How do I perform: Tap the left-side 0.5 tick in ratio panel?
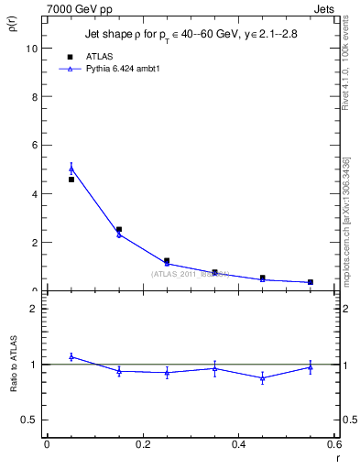click(29, 420)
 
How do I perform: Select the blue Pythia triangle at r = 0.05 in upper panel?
click(71, 169)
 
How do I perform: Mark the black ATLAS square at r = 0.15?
click(119, 230)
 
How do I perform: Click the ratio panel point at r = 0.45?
click(263, 377)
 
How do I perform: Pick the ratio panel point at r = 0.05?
click(71, 356)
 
